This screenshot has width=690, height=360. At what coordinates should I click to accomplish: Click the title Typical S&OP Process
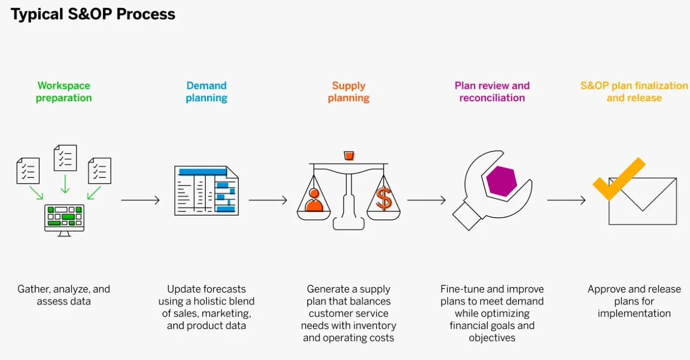(x=93, y=15)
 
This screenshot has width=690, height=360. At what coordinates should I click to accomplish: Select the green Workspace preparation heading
(x=64, y=92)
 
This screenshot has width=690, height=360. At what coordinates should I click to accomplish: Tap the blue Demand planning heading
(x=206, y=92)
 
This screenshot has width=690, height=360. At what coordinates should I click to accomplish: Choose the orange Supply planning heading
(x=349, y=92)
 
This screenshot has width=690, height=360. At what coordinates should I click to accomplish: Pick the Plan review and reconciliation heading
(x=492, y=92)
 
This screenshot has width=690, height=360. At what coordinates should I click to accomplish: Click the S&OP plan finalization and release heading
(x=634, y=92)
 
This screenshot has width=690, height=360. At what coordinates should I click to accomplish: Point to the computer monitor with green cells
(x=64, y=218)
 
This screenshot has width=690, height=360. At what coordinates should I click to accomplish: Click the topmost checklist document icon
(x=65, y=157)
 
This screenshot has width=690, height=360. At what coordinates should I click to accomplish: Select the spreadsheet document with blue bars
(x=206, y=191)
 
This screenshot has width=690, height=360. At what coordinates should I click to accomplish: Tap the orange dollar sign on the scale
(x=384, y=199)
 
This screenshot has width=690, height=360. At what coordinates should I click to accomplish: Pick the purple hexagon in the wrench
(x=501, y=181)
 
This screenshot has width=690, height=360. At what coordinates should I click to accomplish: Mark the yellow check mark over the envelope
(x=619, y=179)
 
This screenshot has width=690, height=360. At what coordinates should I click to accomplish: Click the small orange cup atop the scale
(x=349, y=156)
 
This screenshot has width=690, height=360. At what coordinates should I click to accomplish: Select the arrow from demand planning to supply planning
(x=268, y=200)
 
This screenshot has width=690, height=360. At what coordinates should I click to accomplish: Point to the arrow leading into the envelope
(x=566, y=200)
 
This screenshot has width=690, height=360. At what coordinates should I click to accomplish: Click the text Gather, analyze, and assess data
(x=64, y=295)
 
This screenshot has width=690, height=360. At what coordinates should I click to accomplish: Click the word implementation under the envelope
(x=634, y=313)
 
